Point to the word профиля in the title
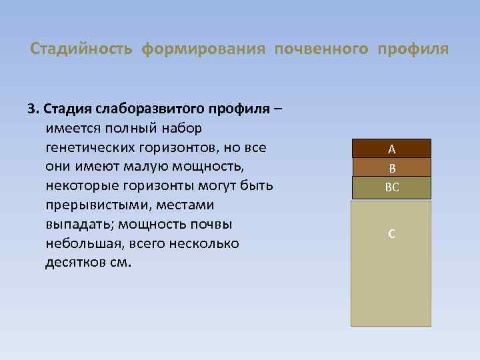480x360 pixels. point(413,50)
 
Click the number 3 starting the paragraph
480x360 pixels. point(30,108)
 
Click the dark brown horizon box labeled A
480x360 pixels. point(391,149)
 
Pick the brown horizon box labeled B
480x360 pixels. point(391,168)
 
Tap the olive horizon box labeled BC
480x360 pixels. point(391,188)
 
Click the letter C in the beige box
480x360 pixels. point(391,234)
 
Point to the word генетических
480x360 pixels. point(87,146)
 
